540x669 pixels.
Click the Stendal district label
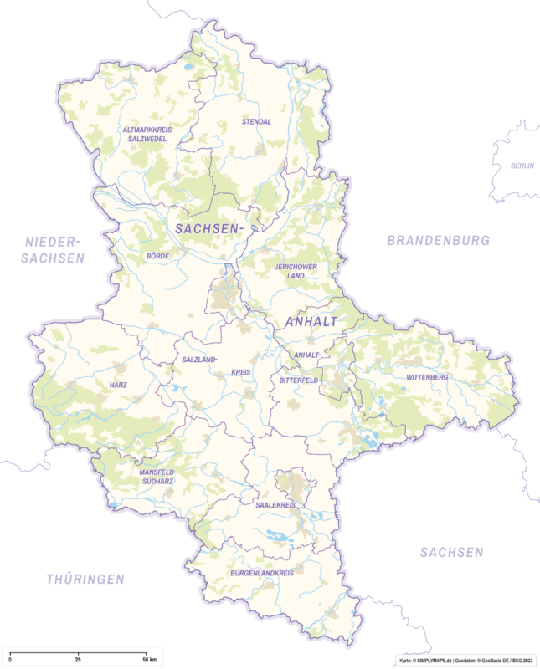point(256,122)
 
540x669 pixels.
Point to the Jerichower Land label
point(294,271)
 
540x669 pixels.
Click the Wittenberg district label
point(427,377)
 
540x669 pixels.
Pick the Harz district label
point(118,386)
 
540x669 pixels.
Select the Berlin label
point(522,166)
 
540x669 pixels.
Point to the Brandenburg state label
point(438,240)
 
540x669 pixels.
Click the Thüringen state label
point(85,579)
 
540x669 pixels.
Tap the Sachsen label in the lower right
point(452,552)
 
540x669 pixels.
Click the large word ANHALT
point(311,322)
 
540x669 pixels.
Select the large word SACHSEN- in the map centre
point(208,228)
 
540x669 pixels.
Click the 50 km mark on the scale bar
point(147,661)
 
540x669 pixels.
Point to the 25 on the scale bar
point(78,661)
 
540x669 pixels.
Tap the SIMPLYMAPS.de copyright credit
point(427,660)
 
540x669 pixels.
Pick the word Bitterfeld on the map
point(294,380)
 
